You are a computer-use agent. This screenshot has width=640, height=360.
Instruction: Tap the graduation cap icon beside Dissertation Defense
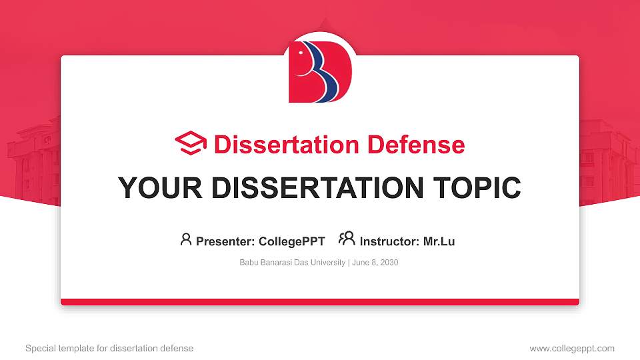click(191, 144)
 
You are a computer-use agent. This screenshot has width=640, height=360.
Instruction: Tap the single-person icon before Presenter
click(186, 239)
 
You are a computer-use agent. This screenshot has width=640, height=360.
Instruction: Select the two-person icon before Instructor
click(347, 239)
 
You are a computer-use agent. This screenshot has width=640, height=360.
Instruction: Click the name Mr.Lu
click(439, 241)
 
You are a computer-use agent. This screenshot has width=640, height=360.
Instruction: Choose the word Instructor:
click(389, 241)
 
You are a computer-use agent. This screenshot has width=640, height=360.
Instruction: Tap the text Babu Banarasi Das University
click(291, 263)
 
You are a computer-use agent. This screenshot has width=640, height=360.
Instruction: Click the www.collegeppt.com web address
click(571, 348)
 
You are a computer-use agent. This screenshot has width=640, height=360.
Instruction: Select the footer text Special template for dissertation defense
click(109, 348)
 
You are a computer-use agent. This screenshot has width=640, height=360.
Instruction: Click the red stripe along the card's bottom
click(320, 302)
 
